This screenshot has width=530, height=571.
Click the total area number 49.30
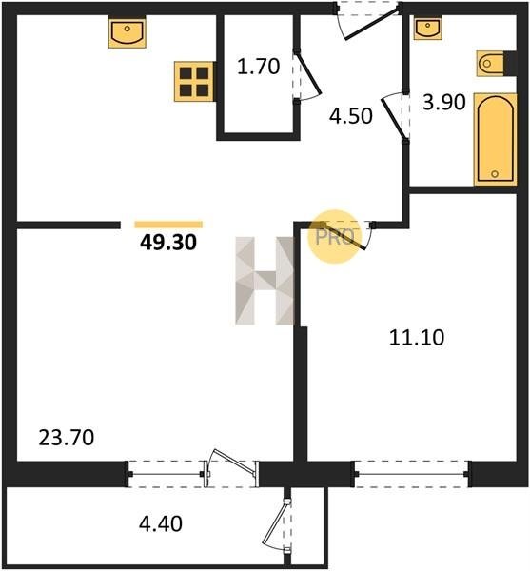tap(168, 242)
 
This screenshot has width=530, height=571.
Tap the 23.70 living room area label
tap(67, 438)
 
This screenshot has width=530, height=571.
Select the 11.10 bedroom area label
tap(417, 337)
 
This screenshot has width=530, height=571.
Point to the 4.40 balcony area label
tap(161, 524)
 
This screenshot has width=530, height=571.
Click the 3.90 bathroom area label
tap(443, 103)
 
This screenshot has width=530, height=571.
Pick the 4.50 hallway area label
tap(350, 116)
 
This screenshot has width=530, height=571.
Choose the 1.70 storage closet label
tap(258, 67)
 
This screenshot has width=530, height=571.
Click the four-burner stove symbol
tap(194, 81)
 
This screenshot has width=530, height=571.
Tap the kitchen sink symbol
tap(128, 32)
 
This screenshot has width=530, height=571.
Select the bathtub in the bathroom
tap(496, 139)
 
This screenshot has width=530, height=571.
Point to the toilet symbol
tap(490, 64)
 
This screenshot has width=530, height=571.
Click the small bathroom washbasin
tap(428, 29)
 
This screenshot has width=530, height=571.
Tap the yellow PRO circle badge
tap(334, 236)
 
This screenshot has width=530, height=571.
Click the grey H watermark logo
tap(265, 281)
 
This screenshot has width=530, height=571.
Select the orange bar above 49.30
tap(168, 225)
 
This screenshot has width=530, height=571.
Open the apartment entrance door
tap(371, 23)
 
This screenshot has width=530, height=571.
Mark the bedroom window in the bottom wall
tap(411, 474)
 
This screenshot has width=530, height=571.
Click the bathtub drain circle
tap(495, 174)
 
